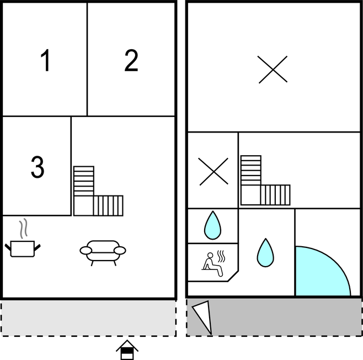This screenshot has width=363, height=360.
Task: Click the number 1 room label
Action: coord(45,60)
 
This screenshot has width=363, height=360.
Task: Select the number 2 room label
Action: coord(131,60)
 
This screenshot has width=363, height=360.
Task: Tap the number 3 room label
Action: coord(38,167)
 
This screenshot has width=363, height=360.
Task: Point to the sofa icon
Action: coord(103,252)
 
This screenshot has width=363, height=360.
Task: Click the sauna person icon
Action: coord(213,264)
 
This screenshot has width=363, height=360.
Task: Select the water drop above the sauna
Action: coord(212,225)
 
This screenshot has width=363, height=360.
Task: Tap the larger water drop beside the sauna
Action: coord(265,252)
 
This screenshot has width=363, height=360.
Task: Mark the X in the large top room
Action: coord(273,69)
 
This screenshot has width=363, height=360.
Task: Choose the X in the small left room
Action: coord(213,172)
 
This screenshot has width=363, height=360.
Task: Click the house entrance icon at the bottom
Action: coord(127,350)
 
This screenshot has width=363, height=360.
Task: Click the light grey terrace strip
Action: coord(88,318)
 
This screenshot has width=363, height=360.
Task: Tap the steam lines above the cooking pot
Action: coord(23,229)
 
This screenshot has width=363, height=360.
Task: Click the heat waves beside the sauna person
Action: coord(221,256)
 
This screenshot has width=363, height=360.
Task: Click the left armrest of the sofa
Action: coord(86,251)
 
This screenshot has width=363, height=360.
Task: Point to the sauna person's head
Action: coord(210,255)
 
